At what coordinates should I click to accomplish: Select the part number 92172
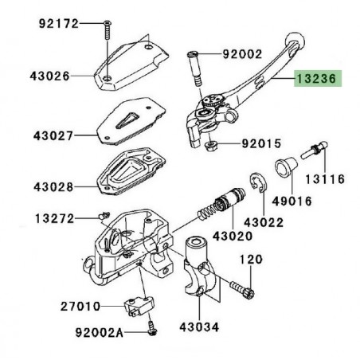tap(59, 23)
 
